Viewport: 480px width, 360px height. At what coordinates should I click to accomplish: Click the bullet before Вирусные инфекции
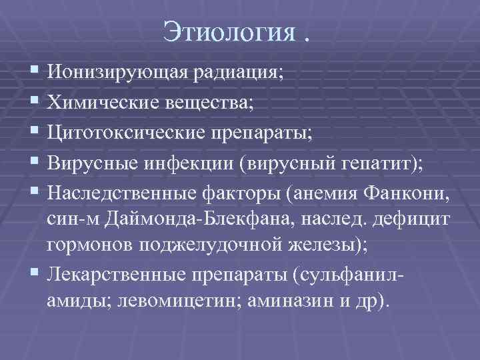point(35,161)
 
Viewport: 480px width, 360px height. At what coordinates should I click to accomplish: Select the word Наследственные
point(122,191)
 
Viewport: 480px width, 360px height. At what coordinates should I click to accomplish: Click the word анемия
point(320,191)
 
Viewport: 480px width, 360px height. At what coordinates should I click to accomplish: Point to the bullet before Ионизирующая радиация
point(35,72)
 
